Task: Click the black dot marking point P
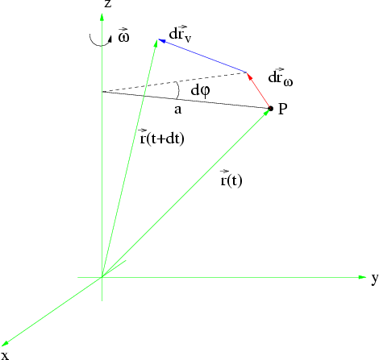[x=271, y=109]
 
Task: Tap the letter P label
[x=282, y=109]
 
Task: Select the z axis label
[x=107, y=3]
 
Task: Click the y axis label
[x=375, y=279]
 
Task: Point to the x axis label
[x=6, y=355]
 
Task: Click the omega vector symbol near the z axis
[x=123, y=35]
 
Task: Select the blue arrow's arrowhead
[x=162, y=41]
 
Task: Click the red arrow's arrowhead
[x=249, y=76]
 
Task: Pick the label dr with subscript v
[x=180, y=35]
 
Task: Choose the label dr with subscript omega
[x=281, y=77]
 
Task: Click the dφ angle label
[x=200, y=91]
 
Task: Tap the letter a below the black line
[x=177, y=110]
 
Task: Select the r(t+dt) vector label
[x=162, y=137]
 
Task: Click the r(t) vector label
[x=231, y=179]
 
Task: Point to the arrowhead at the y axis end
[x=362, y=277]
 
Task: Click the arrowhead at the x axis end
[x=5, y=343]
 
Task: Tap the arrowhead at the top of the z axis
[x=102, y=17]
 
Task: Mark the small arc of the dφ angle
[x=178, y=90]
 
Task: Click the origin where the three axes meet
[x=102, y=277]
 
